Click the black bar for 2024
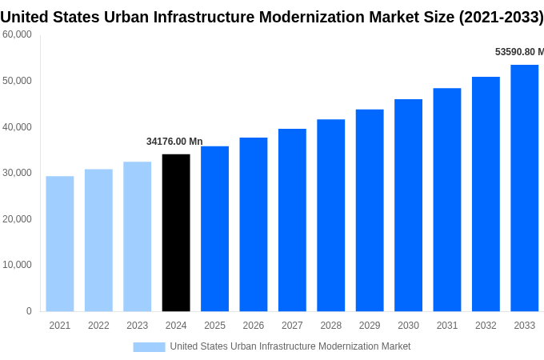point(176,232)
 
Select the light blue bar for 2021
point(60,243)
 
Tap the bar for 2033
point(524,188)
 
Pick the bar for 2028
point(330,215)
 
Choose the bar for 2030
point(408,205)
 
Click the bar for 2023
point(137,236)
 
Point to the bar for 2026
point(254,224)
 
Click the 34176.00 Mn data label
point(174,142)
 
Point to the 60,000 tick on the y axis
point(17,34)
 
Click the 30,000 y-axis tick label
point(17,173)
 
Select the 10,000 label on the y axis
point(17,265)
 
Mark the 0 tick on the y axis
point(29,311)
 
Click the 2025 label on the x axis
point(214,326)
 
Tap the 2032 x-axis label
point(486,326)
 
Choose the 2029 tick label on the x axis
point(370,326)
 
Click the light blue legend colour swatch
point(149,346)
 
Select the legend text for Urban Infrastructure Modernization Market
point(290,346)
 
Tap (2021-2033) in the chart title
point(501,17)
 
